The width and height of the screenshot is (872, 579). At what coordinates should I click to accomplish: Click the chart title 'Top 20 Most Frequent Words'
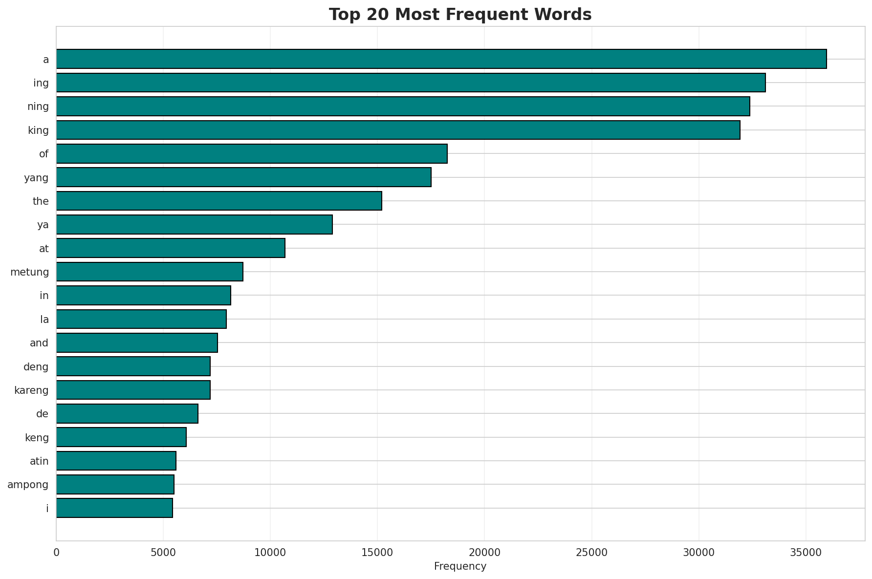coord(460,15)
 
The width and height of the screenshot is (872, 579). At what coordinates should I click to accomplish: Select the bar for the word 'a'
coord(441,59)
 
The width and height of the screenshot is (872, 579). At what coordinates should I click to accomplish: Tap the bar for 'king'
coord(398,130)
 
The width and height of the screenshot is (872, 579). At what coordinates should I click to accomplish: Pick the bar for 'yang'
coord(243,177)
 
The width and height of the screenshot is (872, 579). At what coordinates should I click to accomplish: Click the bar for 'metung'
coord(150,272)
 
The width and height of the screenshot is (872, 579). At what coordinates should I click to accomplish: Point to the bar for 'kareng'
coord(133,390)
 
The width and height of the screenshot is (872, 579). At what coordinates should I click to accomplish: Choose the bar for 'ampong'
coord(115,484)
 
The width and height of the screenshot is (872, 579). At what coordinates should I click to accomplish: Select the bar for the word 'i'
coord(114,508)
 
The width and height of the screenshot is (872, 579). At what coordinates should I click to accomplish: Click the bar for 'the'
coord(219,201)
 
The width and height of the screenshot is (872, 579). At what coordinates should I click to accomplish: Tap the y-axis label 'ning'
coord(38,107)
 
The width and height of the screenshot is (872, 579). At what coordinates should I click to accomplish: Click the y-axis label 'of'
coord(44,154)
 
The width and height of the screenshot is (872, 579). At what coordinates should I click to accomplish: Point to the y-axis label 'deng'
coord(36,366)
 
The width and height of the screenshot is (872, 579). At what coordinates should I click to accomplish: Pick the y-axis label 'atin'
coord(39,461)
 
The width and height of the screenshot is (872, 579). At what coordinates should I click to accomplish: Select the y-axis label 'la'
coord(44,320)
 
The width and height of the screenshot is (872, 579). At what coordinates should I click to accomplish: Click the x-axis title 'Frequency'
coord(460,566)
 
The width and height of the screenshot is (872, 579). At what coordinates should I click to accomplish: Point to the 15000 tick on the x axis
coord(377,552)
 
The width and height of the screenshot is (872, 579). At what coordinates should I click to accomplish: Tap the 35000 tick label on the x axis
coord(806,552)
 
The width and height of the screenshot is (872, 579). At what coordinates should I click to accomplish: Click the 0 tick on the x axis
coord(56,552)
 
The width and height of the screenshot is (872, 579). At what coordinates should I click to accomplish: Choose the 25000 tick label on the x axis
coord(591,552)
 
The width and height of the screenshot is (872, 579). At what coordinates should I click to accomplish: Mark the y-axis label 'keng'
coord(37,437)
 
